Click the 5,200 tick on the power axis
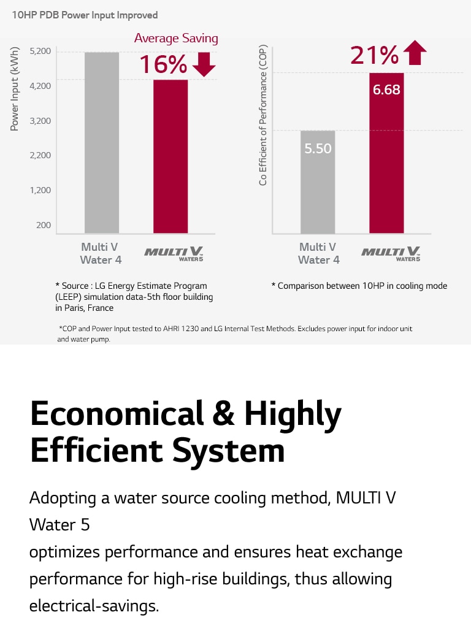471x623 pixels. click(x=39, y=50)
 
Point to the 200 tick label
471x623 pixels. click(x=44, y=225)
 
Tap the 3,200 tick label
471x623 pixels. click(x=39, y=120)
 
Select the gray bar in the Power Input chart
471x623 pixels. click(x=102, y=142)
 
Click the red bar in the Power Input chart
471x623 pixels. click(x=170, y=156)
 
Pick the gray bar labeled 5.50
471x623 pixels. click(x=318, y=182)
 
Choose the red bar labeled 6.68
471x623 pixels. click(x=386, y=153)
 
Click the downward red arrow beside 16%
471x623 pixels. click(x=204, y=64)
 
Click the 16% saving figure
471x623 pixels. click(x=163, y=64)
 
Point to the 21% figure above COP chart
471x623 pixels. click(x=374, y=55)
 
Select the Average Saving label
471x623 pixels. click(x=176, y=38)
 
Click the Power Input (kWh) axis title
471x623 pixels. click(x=15, y=88)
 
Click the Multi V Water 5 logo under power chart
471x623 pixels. click(x=173, y=253)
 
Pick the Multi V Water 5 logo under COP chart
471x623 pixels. click(x=391, y=253)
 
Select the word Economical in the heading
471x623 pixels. click(x=112, y=414)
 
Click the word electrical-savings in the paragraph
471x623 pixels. click(x=94, y=606)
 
